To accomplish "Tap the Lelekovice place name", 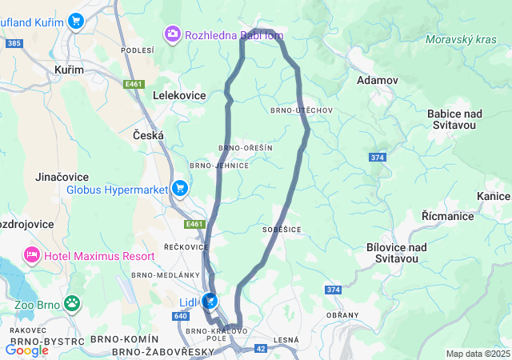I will click(179, 95).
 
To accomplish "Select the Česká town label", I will click(148, 136).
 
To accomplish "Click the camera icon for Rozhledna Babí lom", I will click(172, 34).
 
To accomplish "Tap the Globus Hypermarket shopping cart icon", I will click(180, 189).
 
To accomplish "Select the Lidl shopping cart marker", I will click(210, 302).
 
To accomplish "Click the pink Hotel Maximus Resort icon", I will click(32, 255).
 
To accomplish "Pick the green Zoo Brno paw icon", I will click(73, 303).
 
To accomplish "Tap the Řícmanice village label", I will click(446, 216).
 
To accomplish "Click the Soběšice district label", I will click(281, 229).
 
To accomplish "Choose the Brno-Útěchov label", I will click(301, 110).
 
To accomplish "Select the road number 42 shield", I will click(262, 348).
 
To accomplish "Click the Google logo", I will click(26, 350).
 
